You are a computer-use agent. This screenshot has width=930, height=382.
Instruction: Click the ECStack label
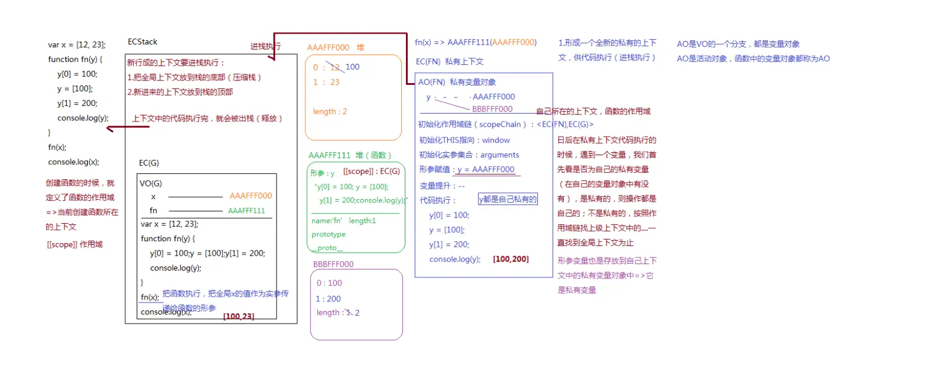(143, 42)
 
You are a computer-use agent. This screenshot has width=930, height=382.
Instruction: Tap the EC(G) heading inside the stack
(149, 163)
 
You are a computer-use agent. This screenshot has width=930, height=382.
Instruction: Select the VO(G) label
(151, 183)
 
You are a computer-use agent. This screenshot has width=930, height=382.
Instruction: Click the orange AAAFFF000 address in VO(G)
(251, 196)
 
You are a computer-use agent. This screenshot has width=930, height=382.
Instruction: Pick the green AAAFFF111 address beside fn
(246, 211)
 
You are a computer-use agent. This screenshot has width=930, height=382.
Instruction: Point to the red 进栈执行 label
(266, 46)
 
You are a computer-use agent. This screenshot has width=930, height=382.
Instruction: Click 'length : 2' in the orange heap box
(330, 111)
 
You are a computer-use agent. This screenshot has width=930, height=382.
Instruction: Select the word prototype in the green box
(329, 234)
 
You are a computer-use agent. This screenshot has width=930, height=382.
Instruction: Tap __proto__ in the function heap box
(328, 248)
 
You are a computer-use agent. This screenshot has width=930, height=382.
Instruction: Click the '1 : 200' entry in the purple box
(328, 299)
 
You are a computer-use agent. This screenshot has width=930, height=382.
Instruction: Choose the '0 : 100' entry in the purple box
(329, 283)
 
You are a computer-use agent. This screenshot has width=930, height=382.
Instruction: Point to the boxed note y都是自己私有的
(507, 199)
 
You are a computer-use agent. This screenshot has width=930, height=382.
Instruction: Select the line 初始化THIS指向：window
(464, 140)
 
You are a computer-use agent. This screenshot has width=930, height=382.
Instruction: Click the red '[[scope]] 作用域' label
(74, 244)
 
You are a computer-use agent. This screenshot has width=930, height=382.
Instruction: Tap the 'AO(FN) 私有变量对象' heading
(457, 82)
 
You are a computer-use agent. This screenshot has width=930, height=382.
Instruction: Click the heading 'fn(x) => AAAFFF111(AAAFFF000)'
(475, 43)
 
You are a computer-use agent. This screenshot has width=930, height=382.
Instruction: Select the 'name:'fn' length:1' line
(344, 221)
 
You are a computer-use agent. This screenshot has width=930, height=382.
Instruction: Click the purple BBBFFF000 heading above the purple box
(333, 264)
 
